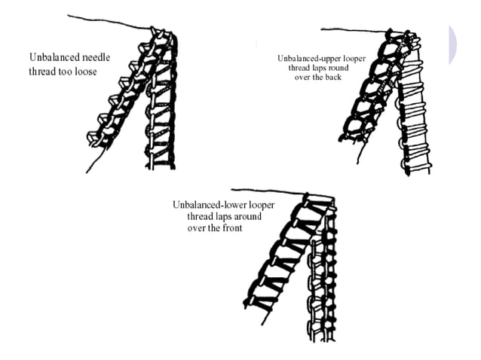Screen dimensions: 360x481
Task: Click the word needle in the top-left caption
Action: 100,56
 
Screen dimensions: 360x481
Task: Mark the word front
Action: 231,228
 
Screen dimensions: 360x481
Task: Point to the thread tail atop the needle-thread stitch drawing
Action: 106,21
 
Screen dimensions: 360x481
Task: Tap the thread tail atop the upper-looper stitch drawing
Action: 354,31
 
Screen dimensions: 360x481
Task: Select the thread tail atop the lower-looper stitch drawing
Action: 264,191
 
